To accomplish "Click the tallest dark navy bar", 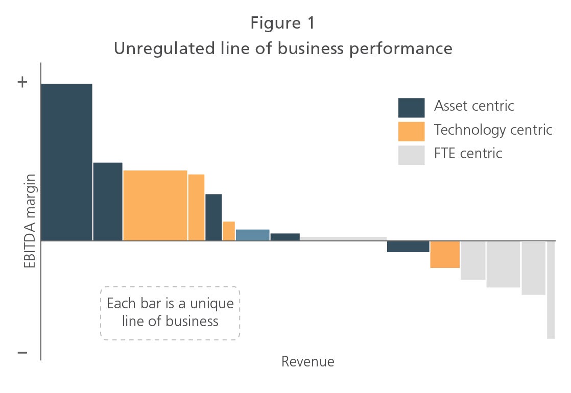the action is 66,162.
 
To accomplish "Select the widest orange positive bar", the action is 155,205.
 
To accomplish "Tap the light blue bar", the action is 253,235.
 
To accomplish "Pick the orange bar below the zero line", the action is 445,254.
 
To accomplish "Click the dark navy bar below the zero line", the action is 408,247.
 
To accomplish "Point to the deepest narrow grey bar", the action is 551,290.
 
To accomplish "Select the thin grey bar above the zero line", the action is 343,239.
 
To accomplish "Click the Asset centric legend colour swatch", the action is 411,108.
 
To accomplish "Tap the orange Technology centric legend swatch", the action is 411,131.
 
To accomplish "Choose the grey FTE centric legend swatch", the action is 411,155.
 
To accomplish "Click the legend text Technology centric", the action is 493,130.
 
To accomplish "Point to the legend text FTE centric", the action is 468,154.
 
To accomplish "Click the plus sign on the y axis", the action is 22,82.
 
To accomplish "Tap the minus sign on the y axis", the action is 22,352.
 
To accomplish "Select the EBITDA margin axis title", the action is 30,221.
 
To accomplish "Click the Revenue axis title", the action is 307,361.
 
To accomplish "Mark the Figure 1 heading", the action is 282,23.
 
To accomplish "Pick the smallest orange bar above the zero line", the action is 229,231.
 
